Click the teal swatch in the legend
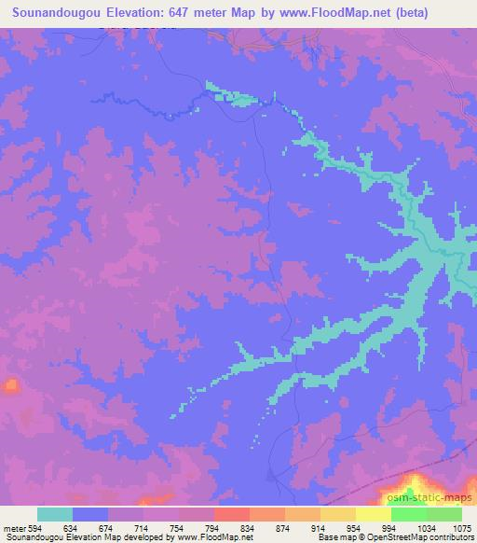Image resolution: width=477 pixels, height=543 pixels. point(55,514)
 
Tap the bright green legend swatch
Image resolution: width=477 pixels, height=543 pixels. point(444,514)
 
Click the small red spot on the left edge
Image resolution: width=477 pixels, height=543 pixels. point(10,384)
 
